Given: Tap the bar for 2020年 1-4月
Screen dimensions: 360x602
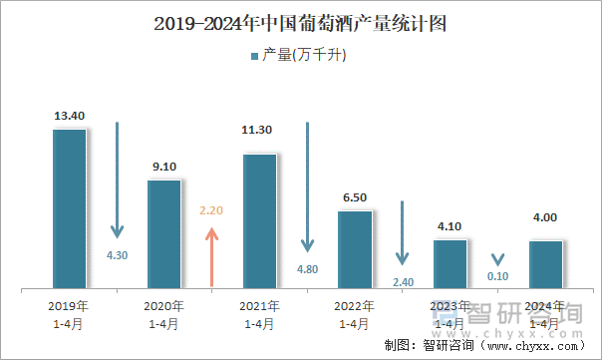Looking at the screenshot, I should [163, 234].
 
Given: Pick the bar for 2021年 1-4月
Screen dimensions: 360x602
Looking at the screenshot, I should [259, 221].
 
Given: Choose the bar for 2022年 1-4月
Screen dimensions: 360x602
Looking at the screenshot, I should [354, 249].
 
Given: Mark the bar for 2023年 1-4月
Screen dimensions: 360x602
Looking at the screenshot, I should [450, 264].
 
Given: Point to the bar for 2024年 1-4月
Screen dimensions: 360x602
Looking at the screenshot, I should [544, 264].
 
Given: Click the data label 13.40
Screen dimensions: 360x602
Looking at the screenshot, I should [69, 116].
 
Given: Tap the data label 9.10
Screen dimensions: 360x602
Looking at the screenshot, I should [163, 167].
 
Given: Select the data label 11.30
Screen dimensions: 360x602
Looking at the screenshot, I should [259, 130].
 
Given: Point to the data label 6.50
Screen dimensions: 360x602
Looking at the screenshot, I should [354, 197].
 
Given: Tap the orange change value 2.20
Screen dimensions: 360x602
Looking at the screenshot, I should [211, 211].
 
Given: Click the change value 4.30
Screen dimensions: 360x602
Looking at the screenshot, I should [117, 255].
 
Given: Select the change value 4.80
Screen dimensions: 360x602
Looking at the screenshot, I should [307, 269].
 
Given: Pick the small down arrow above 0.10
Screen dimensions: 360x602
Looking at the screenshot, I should [497, 258].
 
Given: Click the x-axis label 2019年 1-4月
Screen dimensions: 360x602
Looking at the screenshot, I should [69, 314].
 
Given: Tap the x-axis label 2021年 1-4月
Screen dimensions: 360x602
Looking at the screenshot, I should [259, 314].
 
